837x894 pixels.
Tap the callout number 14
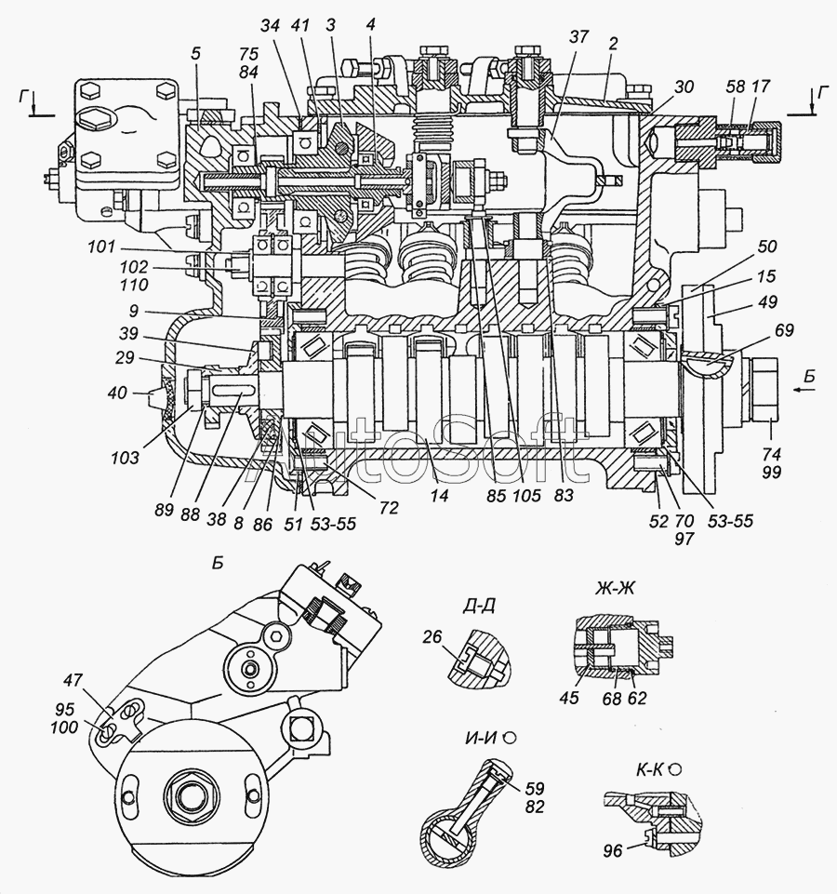click(440, 497)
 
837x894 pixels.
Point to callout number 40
click(115, 393)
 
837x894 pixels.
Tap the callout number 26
click(432, 638)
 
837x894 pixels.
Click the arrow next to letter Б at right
click(795, 391)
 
